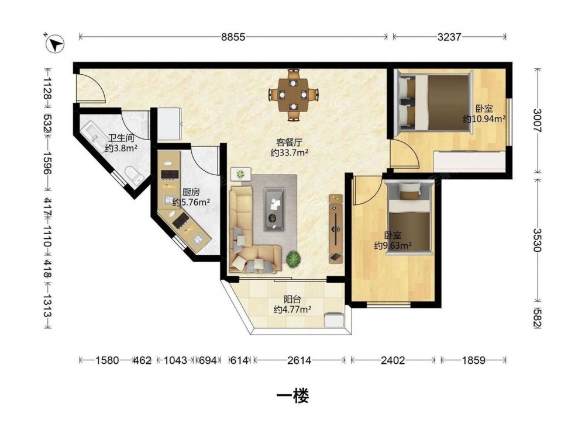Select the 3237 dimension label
[449, 37]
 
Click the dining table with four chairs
[294, 95]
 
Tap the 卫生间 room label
[121, 138]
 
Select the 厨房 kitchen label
[191, 192]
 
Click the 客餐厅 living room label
[289, 142]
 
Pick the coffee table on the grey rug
[274, 209]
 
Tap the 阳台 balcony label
[292, 299]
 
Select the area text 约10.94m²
[484, 119]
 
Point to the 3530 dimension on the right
[537, 240]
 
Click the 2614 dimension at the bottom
[299, 360]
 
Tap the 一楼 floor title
[293, 397]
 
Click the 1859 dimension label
[473, 360]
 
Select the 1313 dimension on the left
[47, 306]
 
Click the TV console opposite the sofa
[336, 229]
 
